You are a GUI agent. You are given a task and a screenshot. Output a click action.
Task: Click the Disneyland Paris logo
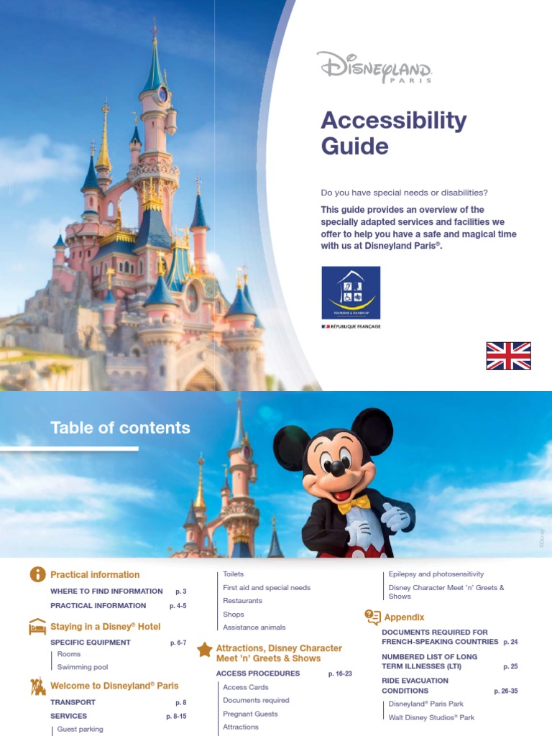(374, 68)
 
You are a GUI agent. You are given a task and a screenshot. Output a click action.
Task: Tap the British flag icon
(508, 356)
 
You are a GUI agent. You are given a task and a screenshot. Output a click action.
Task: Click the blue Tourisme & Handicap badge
(351, 293)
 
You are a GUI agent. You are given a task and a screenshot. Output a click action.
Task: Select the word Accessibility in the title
(393, 120)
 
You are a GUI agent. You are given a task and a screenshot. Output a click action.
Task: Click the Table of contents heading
(120, 428)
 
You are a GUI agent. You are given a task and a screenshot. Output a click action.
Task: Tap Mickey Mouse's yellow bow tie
(354, 504)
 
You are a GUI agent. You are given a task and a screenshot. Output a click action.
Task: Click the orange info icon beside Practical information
(37, 574)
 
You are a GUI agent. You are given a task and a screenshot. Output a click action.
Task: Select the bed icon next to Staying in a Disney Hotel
(37, 627)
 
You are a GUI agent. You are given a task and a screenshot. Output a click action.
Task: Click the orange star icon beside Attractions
(204, 650)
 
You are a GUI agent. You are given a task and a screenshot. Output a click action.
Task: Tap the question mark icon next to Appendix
(372, 617)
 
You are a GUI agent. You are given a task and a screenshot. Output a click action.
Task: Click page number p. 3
(180, 591)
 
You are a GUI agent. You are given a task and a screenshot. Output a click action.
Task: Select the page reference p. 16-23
(339, 673)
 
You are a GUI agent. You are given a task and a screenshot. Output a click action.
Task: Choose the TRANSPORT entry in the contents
(73, 702)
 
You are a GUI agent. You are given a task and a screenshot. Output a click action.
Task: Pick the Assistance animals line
(254, 627)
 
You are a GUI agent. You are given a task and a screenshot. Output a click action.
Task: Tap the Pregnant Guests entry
(250, 714)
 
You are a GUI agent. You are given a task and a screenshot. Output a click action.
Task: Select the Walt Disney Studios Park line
(431, 717)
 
